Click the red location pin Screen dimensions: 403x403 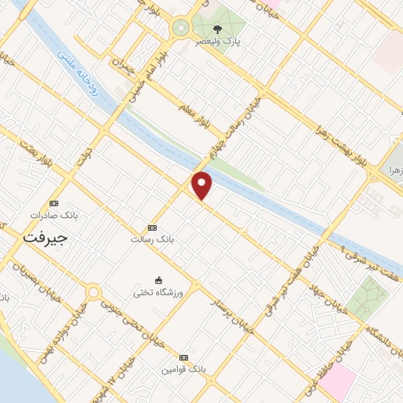[202, 186]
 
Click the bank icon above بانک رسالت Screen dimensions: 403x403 [152, 227]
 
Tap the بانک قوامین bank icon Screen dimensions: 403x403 [184, 357]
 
